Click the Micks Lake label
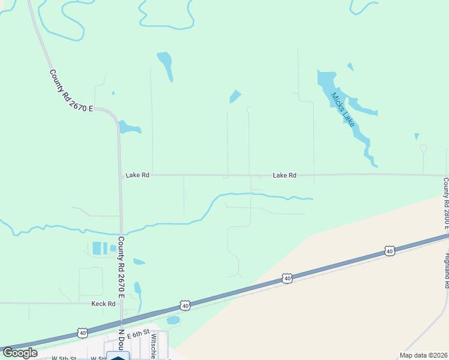(342, 109)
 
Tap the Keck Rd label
(103, 304)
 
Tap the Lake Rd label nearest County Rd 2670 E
(137, 175)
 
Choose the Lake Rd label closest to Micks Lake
(285, 175)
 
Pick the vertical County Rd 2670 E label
(121, 267)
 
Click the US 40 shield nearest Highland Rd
(390, 251)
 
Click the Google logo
(19, 353)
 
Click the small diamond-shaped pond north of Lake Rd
(235, 96)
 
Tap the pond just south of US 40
(173, 320)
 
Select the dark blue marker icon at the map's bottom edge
(118, 356)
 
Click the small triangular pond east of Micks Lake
(417, 136)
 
